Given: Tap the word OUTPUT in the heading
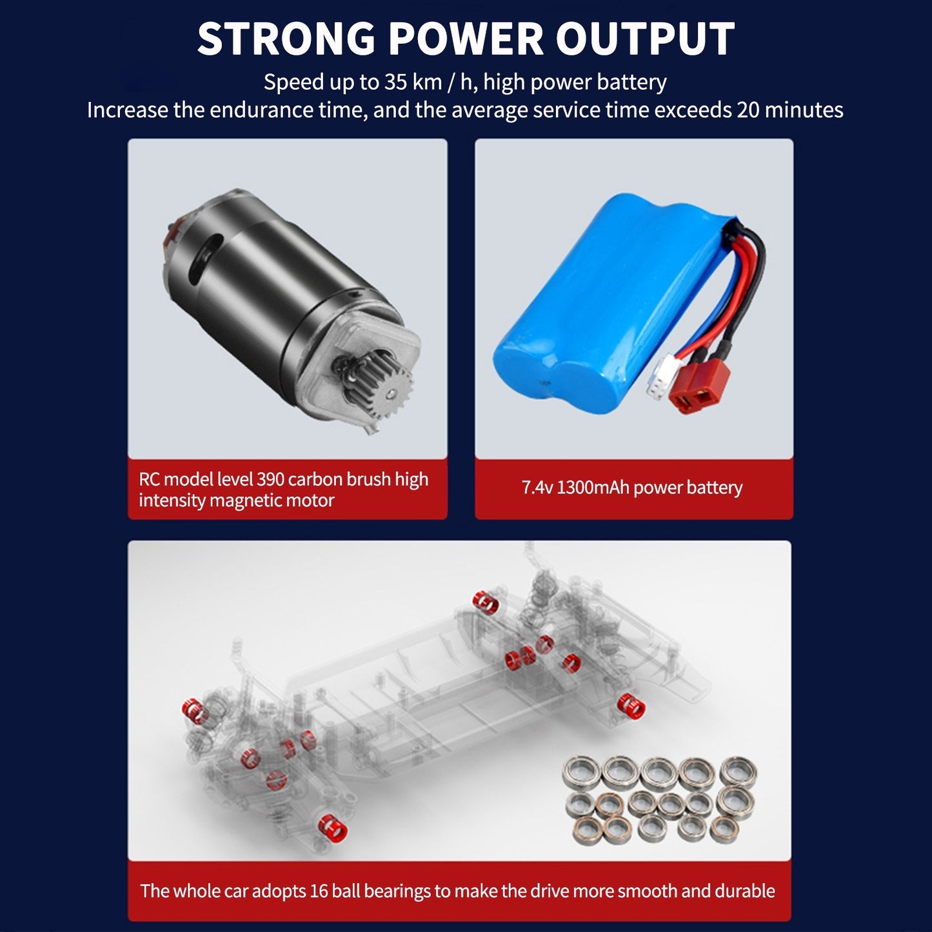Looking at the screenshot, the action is coord(646,39).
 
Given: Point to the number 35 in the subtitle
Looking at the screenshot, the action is coord(395,82).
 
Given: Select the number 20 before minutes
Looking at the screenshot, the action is coord(748,110).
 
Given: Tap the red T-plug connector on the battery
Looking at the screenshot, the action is coord(699,388).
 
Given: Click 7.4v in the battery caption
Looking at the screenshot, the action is coord(537,488).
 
